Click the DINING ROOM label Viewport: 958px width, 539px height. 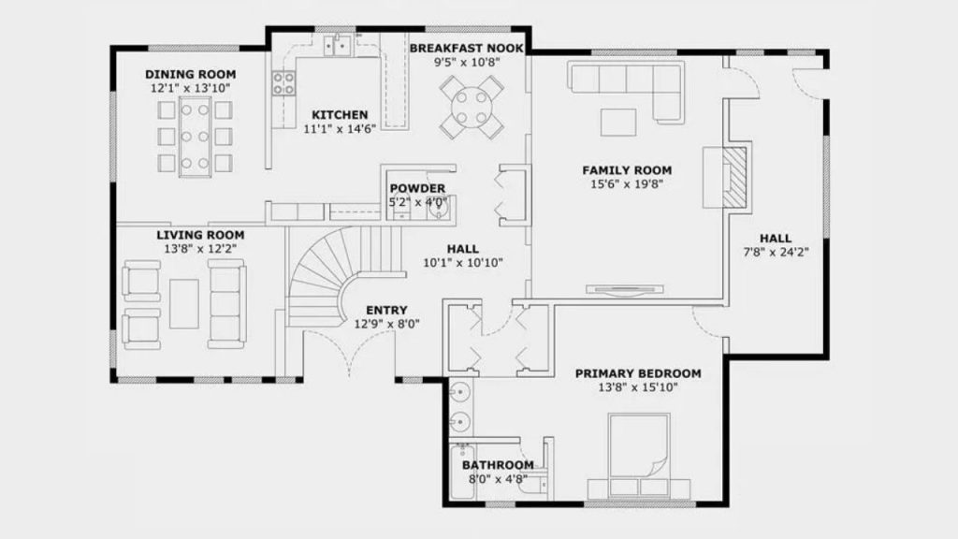pos(190,75)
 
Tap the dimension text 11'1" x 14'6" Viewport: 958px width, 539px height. pos(340,128)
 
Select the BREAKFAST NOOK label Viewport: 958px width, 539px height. pos(467,49)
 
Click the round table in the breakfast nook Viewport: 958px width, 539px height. pos(472,107)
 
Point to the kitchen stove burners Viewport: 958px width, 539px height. pos(283,83)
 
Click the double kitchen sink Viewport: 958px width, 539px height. pos(337,45)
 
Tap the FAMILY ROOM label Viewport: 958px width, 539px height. pos(627,170)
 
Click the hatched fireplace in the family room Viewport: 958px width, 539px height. pos(735,177)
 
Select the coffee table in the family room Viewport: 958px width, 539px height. pos(618,123)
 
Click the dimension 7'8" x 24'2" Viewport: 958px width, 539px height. pos(776,252)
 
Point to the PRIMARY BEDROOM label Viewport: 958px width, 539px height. pos(638,373)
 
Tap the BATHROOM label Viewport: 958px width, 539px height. pos(498,465)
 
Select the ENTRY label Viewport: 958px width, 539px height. pos(386,311)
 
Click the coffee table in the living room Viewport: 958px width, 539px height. pos(184,304)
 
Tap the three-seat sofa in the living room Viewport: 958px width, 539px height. pos(226,304)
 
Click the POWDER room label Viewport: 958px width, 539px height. pos(417,189)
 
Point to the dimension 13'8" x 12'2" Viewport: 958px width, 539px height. pos(200,249)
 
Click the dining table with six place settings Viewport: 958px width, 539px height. pos(195,137)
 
